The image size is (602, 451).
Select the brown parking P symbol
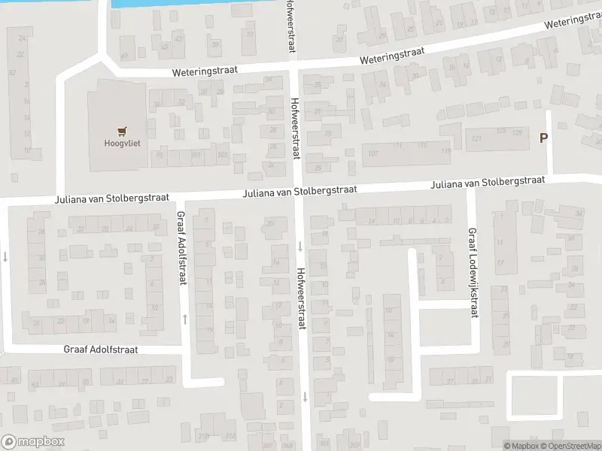click(x=543, y=138)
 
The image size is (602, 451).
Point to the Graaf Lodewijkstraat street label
click(x=474, y=273)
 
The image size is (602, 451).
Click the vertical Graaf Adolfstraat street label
click(x=181, y=247)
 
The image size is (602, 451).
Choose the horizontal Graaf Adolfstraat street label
click(x=102, y=350)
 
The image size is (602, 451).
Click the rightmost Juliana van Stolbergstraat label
click(x=487, y=182)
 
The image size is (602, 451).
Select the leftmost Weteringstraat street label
click(x=205, y=69)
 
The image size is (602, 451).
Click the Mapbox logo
click(x=33, y=442)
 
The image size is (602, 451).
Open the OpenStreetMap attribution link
click(x=567, y=446)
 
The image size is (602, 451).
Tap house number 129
click(x=516, y=132)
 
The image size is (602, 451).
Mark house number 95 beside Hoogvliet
click(x=158, y=156)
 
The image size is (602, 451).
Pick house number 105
click(x=221, y=156)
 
